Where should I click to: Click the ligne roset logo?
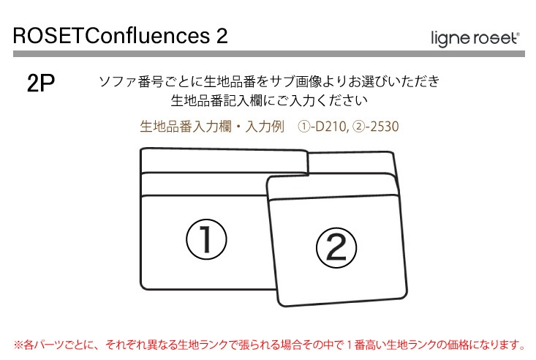(475, 38)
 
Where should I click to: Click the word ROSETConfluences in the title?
(111, 36)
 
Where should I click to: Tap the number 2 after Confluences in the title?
(222, 36)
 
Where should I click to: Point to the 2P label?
(41, 83)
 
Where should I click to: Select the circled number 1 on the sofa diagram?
(206, 239)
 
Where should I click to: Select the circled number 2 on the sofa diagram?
(336, 247)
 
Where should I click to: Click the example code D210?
(331, 127)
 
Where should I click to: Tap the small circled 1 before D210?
(303, 127)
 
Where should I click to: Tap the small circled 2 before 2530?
(358, 127)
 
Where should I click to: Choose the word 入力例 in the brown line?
(265, 127)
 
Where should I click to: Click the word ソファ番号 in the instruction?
(131, 82)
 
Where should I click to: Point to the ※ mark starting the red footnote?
(18, 344)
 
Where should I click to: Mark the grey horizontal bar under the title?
(269, 53)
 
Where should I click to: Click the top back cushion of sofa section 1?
(224, 161)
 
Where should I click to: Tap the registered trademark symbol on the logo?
(518, 34)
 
